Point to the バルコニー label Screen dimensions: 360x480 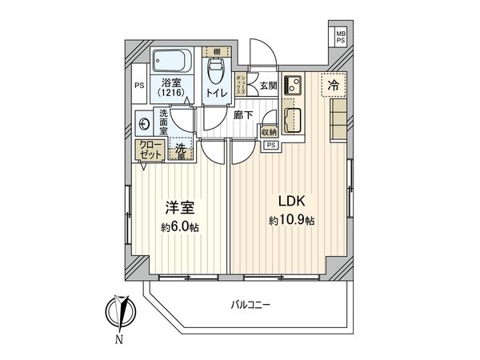tap(251, 305)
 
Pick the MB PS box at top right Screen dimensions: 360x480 tap(341, 37)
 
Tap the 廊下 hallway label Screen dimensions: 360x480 tap(243, 115)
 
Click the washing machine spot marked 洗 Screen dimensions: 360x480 tap(181, 149)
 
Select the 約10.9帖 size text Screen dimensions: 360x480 tap(292, 220)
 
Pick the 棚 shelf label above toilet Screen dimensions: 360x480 tap(215, 50)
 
